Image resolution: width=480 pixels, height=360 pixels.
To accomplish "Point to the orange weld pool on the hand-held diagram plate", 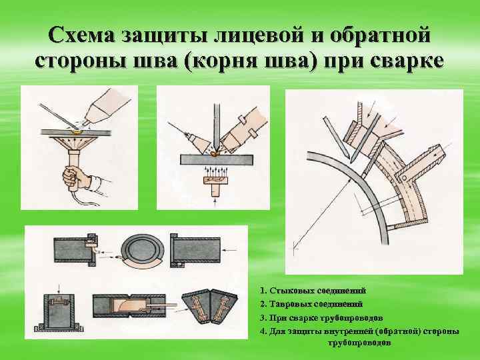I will click(79, 131).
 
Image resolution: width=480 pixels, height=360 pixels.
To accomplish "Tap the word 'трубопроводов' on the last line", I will click(360, 342).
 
